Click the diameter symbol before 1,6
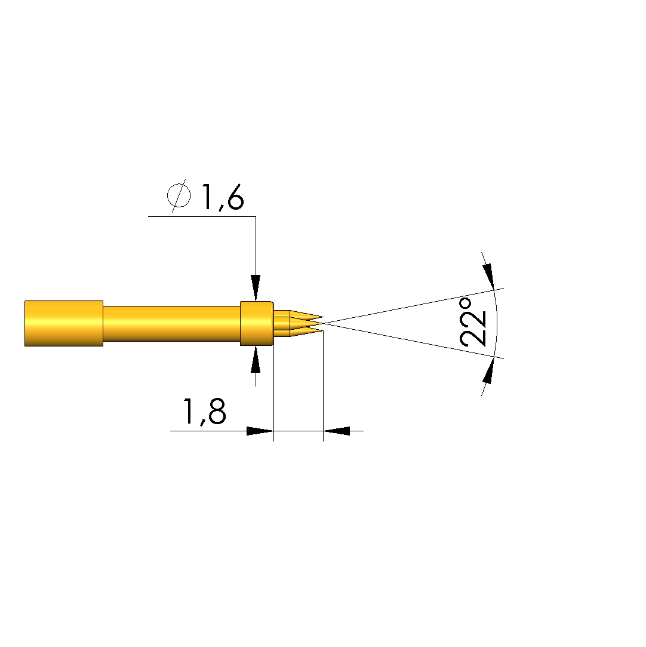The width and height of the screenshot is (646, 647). click(x=179, y=195)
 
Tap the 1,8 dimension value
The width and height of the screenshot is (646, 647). click(x=205, y=412)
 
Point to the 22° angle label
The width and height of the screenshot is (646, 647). click(x=472, y=322)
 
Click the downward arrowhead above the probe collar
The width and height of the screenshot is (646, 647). click(x=256, y=287)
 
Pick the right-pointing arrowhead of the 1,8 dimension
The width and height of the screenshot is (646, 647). click(x=260, y=431)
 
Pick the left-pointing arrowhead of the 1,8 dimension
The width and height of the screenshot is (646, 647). click(x=336, y=431)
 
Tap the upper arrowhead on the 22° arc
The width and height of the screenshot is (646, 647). click(x=489, y=276)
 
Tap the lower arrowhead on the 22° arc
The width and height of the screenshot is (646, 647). click(x=488, y=370)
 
